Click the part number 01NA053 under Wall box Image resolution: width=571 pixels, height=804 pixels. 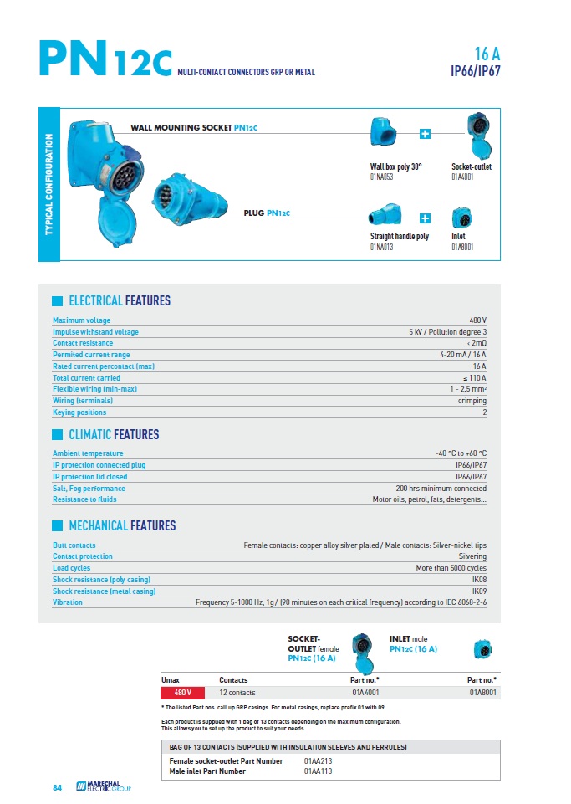(382, 177)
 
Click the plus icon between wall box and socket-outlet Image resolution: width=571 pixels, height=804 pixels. (425, 134)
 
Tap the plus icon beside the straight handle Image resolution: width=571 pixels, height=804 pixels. (425, 218)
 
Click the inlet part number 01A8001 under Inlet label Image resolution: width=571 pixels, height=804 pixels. (463, 247)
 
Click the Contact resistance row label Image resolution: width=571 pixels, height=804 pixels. (83, 343)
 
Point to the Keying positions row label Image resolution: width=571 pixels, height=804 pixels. (79, 412)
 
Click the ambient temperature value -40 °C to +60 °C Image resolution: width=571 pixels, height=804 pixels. (461, 453)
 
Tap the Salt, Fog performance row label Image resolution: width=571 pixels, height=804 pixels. (89, 489)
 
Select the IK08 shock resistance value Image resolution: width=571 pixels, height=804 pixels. (479, 579)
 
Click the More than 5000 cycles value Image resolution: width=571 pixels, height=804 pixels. (451, 568)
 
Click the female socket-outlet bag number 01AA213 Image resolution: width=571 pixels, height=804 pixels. (319, 761)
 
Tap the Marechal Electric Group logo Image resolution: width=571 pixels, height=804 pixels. (103, 786)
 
